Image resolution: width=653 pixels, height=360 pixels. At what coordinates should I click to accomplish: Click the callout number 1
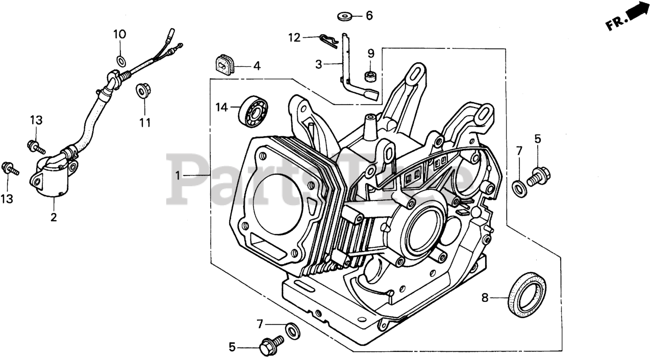coord(178,175)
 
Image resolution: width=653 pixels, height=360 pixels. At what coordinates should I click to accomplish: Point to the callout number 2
coord(54,217)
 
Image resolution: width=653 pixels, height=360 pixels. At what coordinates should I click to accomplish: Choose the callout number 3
coord(319,64)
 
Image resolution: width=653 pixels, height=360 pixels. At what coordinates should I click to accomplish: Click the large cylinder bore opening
coord(278,199)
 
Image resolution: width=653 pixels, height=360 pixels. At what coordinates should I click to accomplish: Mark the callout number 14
coord(221,107)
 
